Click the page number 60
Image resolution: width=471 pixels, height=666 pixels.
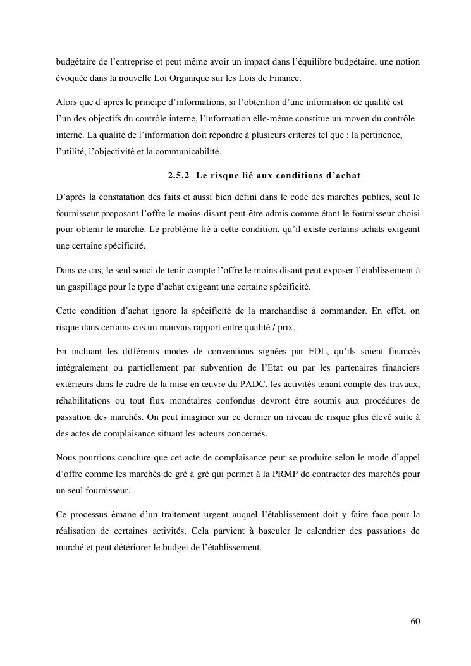(x=415, y=620)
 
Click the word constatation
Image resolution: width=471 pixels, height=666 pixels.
(x=117, y=197)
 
